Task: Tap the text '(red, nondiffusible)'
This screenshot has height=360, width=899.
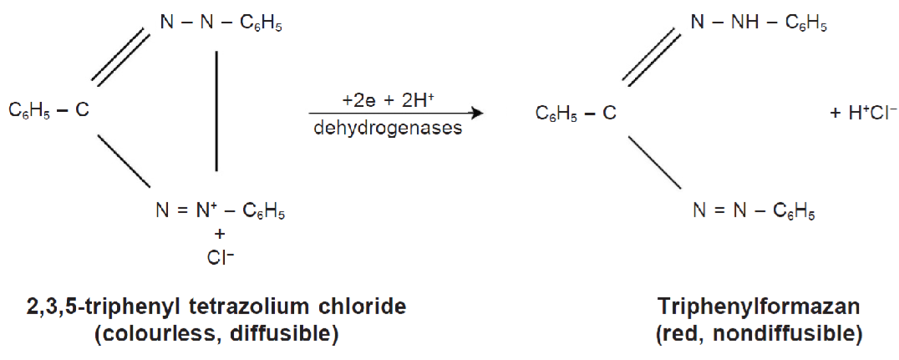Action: coord(747,334)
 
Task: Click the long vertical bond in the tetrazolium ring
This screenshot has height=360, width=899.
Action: coord(217,110)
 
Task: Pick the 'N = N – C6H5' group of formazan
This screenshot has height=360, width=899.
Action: coord(753,208)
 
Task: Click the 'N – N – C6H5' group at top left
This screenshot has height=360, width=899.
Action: coord(221,23)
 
